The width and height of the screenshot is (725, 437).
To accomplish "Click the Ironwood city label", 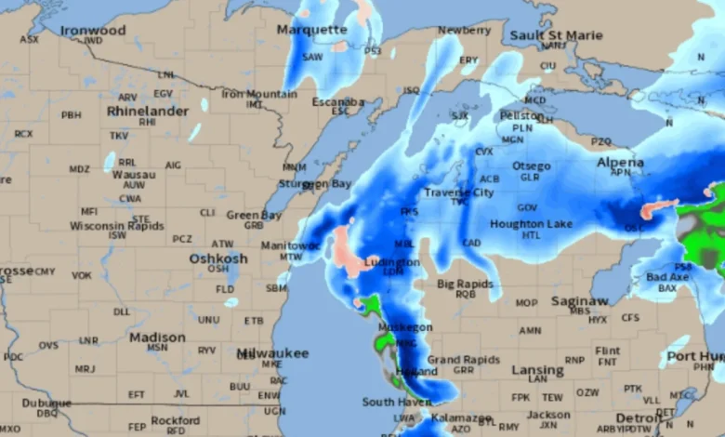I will coord(93,31).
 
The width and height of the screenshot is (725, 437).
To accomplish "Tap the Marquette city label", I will coord(311,30).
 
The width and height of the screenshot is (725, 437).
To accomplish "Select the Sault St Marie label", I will coord(556,34).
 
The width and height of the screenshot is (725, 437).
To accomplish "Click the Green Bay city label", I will coord(254,215).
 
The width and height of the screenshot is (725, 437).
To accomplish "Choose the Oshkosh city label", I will coord(218,258).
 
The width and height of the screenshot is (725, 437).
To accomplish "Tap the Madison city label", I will coord(157,337).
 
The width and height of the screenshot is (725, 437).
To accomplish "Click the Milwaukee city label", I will coord(272,353).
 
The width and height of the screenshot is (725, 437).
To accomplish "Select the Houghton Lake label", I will coord(531,224).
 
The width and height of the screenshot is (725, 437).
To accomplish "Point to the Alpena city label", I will coord(620,163).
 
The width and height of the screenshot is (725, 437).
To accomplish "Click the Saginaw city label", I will coord(579,301).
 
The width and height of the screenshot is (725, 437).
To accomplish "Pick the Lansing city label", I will coord(537,369).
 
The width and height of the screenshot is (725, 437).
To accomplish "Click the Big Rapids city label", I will coord(466,283).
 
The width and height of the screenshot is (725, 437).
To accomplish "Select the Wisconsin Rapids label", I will coord(116,225).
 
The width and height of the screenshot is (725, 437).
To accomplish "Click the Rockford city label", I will coord(176,420).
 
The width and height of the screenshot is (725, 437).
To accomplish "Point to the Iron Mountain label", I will coord(259,94).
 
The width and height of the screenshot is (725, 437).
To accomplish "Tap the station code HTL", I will coord(531,236).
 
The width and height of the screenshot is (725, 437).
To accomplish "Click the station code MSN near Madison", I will coord(158,348).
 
